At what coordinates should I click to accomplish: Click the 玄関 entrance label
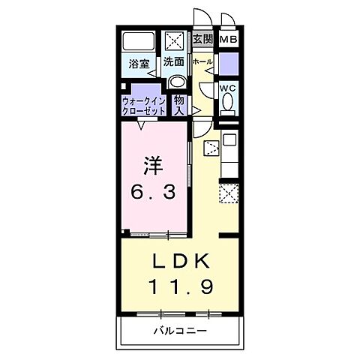tap(202, 39)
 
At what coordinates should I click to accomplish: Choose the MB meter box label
tap(229, 39)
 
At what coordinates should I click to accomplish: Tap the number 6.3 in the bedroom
tap(154, 193)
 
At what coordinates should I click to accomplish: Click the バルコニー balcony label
tap(180, 331)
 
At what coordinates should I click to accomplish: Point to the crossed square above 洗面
tap(175, 41)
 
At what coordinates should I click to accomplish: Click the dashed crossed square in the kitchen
tap(228, 193)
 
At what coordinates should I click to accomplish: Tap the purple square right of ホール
tap(229, 63)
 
